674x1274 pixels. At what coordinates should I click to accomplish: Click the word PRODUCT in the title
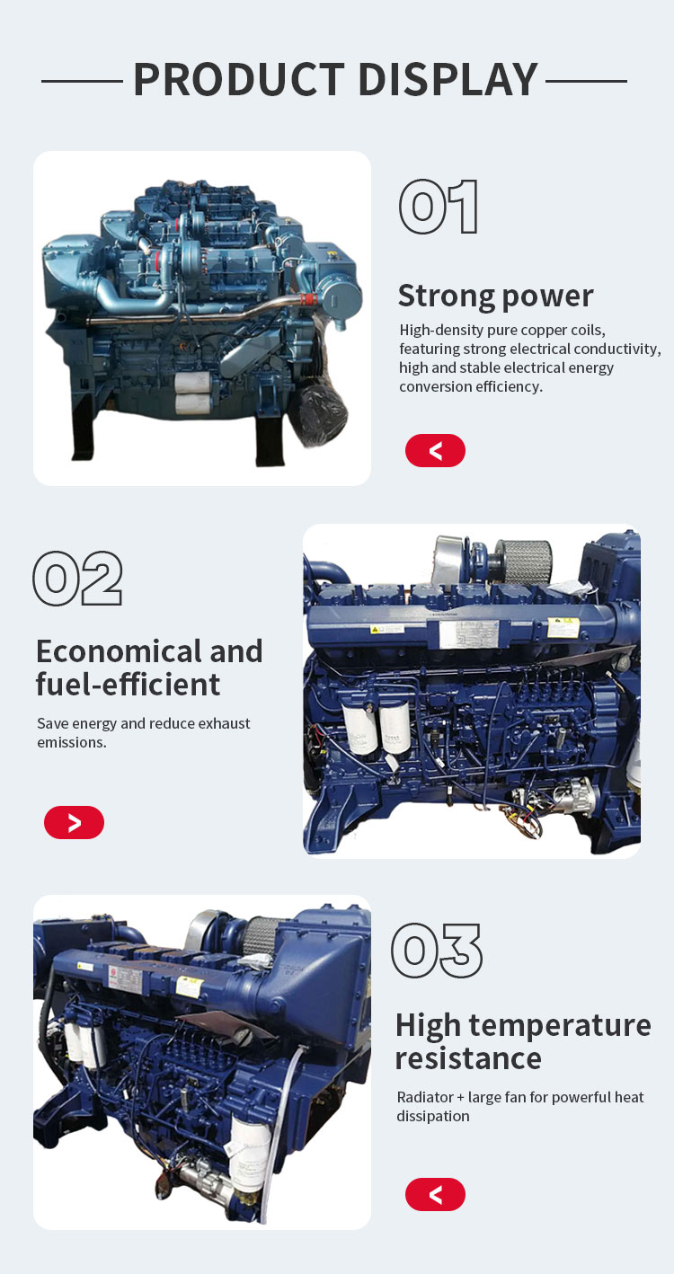click(239, 80)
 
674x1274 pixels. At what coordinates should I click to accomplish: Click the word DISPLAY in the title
click(448, 80)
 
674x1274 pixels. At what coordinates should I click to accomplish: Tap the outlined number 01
click(439, 207)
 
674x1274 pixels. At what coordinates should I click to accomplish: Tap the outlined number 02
click(77, 578)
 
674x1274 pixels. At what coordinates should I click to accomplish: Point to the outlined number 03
click(437, 951)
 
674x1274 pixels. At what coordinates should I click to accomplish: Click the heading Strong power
click(495, 296)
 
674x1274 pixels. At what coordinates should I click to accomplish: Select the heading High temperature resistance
click(523, 1042)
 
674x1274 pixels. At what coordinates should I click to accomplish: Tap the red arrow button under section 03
click(435, 1195)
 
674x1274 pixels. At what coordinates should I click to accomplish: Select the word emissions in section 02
click(72, 742)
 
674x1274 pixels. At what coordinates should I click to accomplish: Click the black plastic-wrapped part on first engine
click(321, 413)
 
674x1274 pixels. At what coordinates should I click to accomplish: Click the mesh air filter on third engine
click(260, 933)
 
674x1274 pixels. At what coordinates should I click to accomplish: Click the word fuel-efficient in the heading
click(128, 685)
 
